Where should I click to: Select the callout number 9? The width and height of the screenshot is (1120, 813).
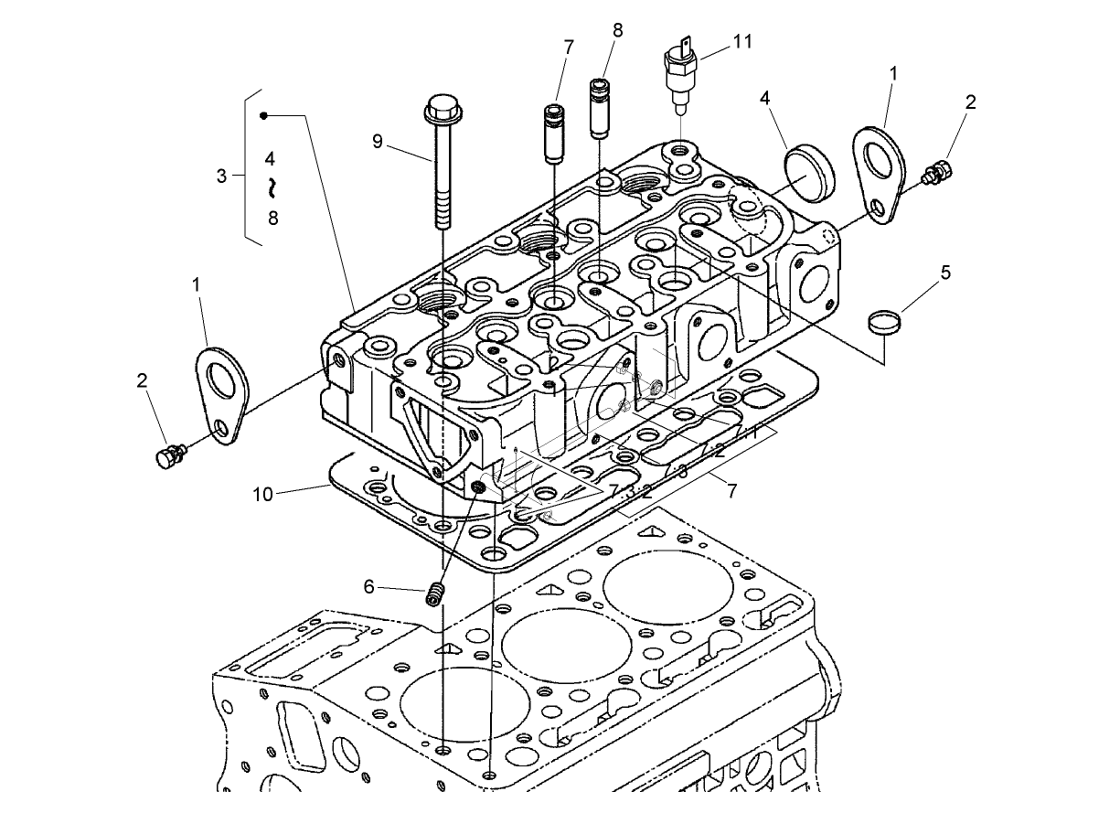(x=377, y=141)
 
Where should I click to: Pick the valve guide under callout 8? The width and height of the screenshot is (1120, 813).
(x=598, y=107)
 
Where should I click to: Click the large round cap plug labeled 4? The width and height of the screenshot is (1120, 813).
(x=810, y=176)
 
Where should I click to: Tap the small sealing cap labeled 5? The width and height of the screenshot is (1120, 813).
(x=884, y=322)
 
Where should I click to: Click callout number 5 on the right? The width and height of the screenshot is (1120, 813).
(x=945, y=272)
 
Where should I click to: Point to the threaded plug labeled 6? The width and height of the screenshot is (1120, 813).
(x=435, y=595)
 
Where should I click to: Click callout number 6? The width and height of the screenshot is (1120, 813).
(x=369, y=586)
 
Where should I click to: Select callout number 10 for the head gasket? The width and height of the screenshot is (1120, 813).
(x=263, y=495)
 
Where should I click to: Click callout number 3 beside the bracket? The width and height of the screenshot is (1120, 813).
(x=221, y=176)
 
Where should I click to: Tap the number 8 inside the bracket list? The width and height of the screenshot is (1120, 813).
(x=272, y=218)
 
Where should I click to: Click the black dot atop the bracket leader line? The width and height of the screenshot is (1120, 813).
(x=263, y=115)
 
